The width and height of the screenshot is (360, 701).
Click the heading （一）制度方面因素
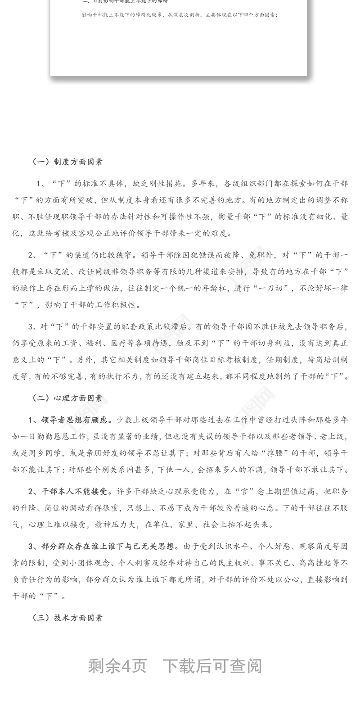[67, 162]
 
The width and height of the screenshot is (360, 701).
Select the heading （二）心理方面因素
[67, 398]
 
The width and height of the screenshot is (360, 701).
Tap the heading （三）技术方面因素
[67, 618]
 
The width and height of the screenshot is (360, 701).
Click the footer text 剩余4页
[117, 666]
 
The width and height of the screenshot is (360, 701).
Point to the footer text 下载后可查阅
[212, 666]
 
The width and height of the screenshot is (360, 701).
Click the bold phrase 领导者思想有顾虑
[74, 420]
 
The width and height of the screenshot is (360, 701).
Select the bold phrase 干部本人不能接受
[74, 491]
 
